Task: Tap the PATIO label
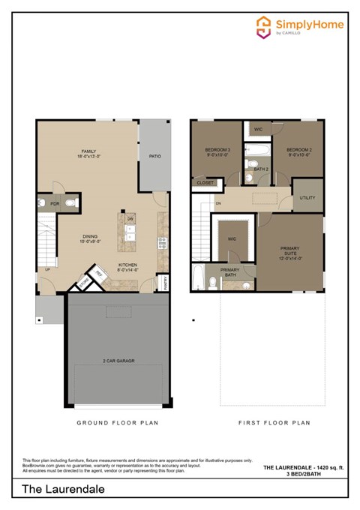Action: click(155, 157)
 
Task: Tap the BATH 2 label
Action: click(260, 169)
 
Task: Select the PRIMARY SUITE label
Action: click(289, 252)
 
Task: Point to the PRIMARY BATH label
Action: click(229, 272)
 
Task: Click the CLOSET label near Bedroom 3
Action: click(205, 182)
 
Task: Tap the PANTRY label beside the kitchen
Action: click(165, 281)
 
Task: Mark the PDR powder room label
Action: click(55, 203)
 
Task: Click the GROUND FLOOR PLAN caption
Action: click(117, 423)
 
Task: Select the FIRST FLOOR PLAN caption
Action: click(274, 423)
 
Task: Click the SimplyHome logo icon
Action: click(263, 26)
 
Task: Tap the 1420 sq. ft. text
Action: click(329, 466)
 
